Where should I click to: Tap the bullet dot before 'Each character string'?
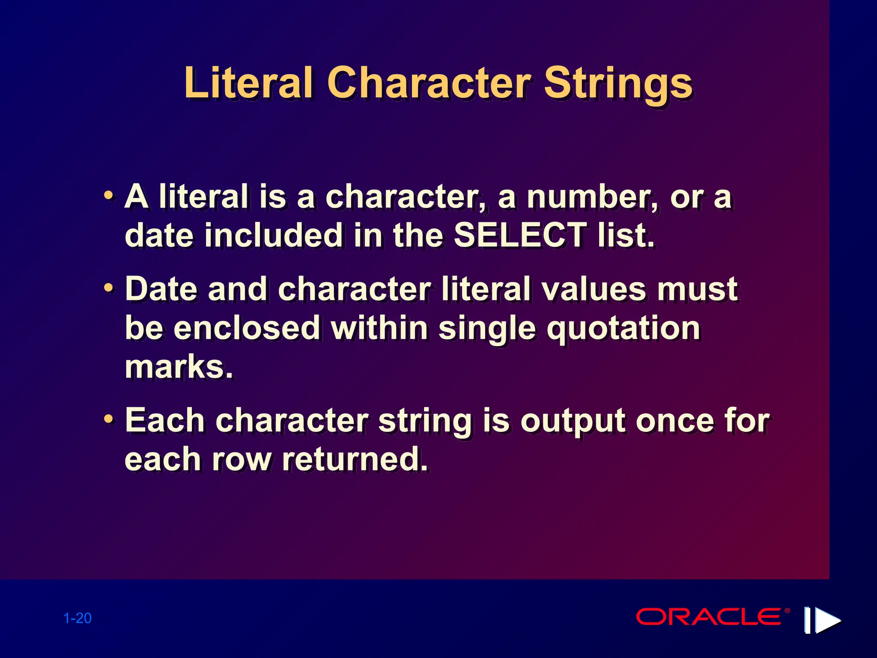pyautogui.click(x=109, y=419)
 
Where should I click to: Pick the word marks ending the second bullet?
pyautogui.click(x=179, y=367)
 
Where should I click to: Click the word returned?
pyautogui.click(x=355, y=459)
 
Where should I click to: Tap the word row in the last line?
pyautogui.click(x=242, y=460)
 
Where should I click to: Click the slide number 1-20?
pyautogui.click(x=78, y=618)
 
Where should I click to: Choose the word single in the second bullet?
pyautogui.click(x=487, y=329)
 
